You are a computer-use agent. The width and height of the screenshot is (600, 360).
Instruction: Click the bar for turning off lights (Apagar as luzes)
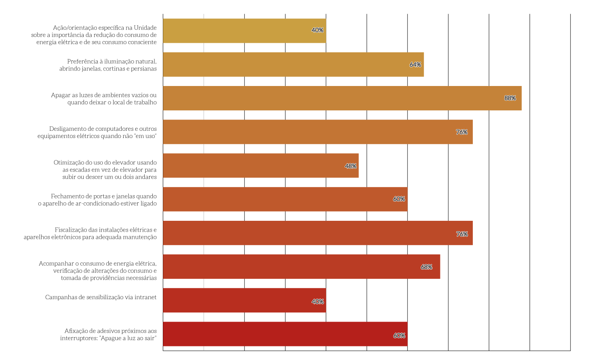(342, 98)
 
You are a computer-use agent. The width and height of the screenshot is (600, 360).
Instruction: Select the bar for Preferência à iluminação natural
(293, 64)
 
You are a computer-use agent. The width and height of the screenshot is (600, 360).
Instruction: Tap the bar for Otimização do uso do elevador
(260, 166)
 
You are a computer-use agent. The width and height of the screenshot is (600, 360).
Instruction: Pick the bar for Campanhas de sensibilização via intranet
(244, 300)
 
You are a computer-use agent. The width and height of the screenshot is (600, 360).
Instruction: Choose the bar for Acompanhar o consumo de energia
(301, 267)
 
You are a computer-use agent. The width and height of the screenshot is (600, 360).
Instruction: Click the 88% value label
(510, 98)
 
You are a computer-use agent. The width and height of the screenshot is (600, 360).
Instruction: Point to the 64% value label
(415, 64)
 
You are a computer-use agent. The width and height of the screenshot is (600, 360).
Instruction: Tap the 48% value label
(351, 166)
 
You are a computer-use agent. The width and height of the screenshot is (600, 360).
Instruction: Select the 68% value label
(426, 267)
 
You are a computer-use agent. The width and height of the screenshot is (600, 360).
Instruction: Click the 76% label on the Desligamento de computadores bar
(462, 132)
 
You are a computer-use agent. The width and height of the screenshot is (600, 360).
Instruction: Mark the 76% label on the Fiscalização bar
(462, 234)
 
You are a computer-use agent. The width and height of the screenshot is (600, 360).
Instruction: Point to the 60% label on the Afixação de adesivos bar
(399, 336)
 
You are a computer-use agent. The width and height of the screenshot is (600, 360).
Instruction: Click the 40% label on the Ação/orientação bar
(318, 30)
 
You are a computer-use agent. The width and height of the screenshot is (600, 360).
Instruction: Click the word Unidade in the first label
(145, 28)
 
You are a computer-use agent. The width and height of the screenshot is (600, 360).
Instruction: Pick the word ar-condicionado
(98, 204)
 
